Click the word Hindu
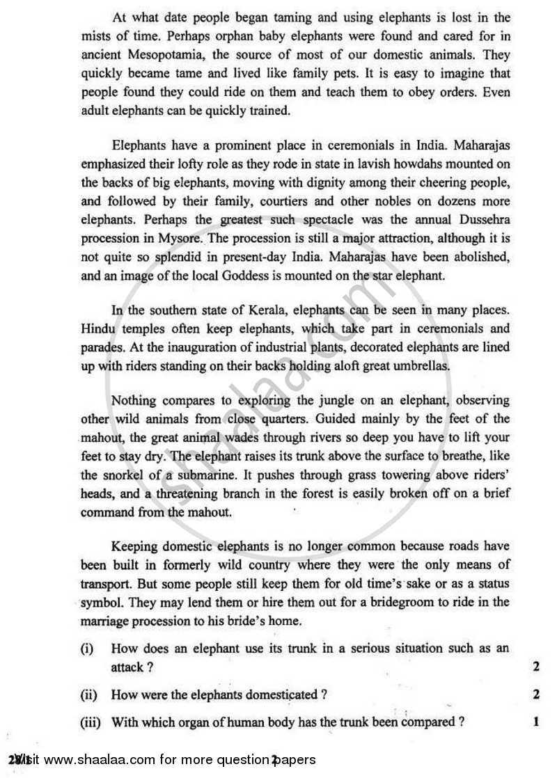(97, 328)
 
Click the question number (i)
(87, 649)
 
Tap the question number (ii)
(88, 694)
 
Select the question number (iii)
(90, 722)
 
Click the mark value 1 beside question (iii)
(536, 722)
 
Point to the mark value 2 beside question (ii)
(536, 694)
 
